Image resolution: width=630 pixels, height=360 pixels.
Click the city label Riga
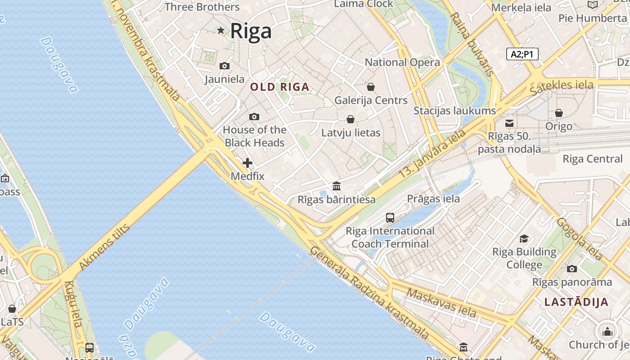[x=251, y=31]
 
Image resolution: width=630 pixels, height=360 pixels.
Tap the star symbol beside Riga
[x=221, y=31]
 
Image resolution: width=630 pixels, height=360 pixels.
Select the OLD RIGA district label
[x=280, y=87]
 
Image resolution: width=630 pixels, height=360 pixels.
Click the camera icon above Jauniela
[x=224, y=66]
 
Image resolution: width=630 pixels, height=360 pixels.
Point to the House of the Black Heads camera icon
[x=254, y=117]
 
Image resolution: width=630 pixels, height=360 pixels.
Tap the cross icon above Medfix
[x=247, y=163]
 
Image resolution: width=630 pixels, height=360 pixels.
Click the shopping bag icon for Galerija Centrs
[x=371, y=86]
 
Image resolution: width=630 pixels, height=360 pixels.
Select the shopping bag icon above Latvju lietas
[x=351, y=119]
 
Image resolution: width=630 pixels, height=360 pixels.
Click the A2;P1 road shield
[x=522, y=54]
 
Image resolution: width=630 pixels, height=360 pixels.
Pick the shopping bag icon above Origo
[x=558, y=113]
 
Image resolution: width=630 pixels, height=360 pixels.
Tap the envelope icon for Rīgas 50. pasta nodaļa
[x=509, y=123]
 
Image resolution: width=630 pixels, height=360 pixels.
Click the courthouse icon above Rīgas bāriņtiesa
[x=337, y=186]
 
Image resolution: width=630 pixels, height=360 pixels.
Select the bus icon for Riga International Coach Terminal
[x=390, y=218]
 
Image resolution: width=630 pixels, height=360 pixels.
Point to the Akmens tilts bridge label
[x=104, y=247]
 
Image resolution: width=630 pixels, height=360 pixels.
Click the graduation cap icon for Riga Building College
[x=524, y=238]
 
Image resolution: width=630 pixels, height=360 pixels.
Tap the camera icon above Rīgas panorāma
[x=572, y=269]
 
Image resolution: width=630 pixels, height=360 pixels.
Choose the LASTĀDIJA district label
[x=576, y=302]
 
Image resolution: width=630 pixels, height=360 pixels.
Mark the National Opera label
[x=402, y=62]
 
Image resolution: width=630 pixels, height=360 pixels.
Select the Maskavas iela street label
[x=441, y=302]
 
